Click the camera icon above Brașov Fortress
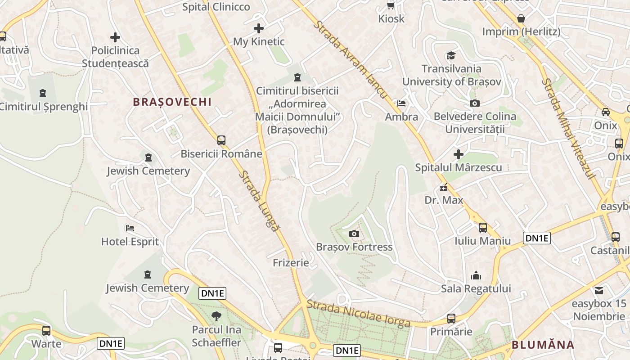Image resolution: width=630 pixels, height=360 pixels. pyautogui.click(x=354, y=234)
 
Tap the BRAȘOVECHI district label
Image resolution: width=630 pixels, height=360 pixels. pyautogui.click(x=172, y=102)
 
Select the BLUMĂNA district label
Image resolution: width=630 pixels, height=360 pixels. pyautogui.click(x=543, y=345)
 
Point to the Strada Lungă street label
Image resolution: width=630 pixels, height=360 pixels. pyautogui.click(x=258, y=201)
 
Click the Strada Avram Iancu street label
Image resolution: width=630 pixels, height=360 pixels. pyautogui.click(x=350, y=59)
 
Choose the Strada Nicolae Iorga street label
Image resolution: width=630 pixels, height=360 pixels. pyautogui.click(x=359, y=314)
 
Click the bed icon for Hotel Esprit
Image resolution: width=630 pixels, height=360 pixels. pyautogui.click(x=130, y=228)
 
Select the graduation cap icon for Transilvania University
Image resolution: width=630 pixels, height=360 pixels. pyautogui.click(x=451, y=56)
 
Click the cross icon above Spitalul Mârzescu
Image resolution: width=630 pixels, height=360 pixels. pyautogui.click(x=458, y=154)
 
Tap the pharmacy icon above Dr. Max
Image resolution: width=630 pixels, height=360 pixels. pyautogui.click(x=444, y=187)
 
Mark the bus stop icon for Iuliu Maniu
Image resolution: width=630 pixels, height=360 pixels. pyautogui.click(x=483, y=228)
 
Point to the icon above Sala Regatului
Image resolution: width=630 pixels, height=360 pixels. pyautogui.click(x=476, y=275)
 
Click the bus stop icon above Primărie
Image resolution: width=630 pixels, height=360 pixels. pyautogui.click(x=451, y=319)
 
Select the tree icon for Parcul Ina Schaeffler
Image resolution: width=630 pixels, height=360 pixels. pyautogui.click(x=216, y=316)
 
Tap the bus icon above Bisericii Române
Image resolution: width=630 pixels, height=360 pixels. pyautogui.click(x=221, y=140)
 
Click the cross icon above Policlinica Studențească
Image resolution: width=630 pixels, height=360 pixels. pyautogui.click(x=115, y=37)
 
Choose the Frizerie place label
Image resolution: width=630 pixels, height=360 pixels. pyautogui.click(x=291, y=262)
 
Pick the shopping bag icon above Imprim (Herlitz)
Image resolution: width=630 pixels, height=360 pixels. pyautogui.click(x=521, y=18)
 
